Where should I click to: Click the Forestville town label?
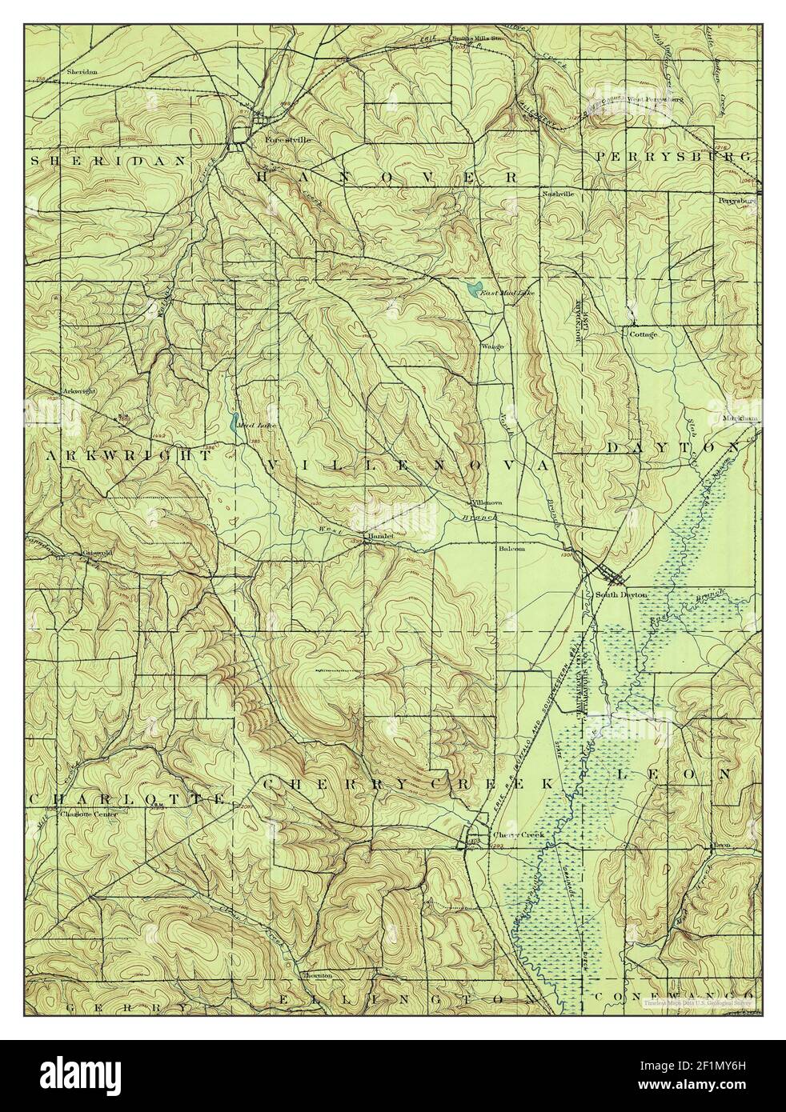(x=287, y=139)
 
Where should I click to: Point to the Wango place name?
(x=491, y=346)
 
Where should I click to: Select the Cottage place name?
(x=643, y=334)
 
